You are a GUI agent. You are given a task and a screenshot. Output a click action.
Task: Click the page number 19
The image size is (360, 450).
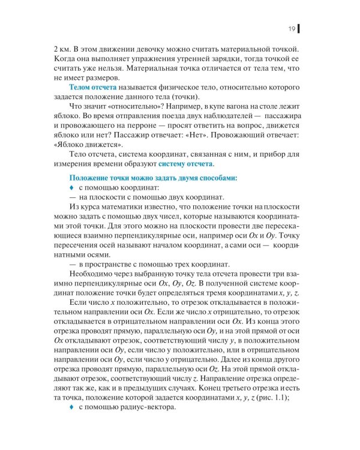290,29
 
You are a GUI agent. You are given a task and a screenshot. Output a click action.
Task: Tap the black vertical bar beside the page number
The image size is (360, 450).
299,29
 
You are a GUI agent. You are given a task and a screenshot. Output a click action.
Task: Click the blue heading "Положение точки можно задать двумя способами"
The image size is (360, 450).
153,178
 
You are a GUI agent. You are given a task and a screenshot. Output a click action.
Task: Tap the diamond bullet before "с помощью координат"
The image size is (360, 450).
71,188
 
